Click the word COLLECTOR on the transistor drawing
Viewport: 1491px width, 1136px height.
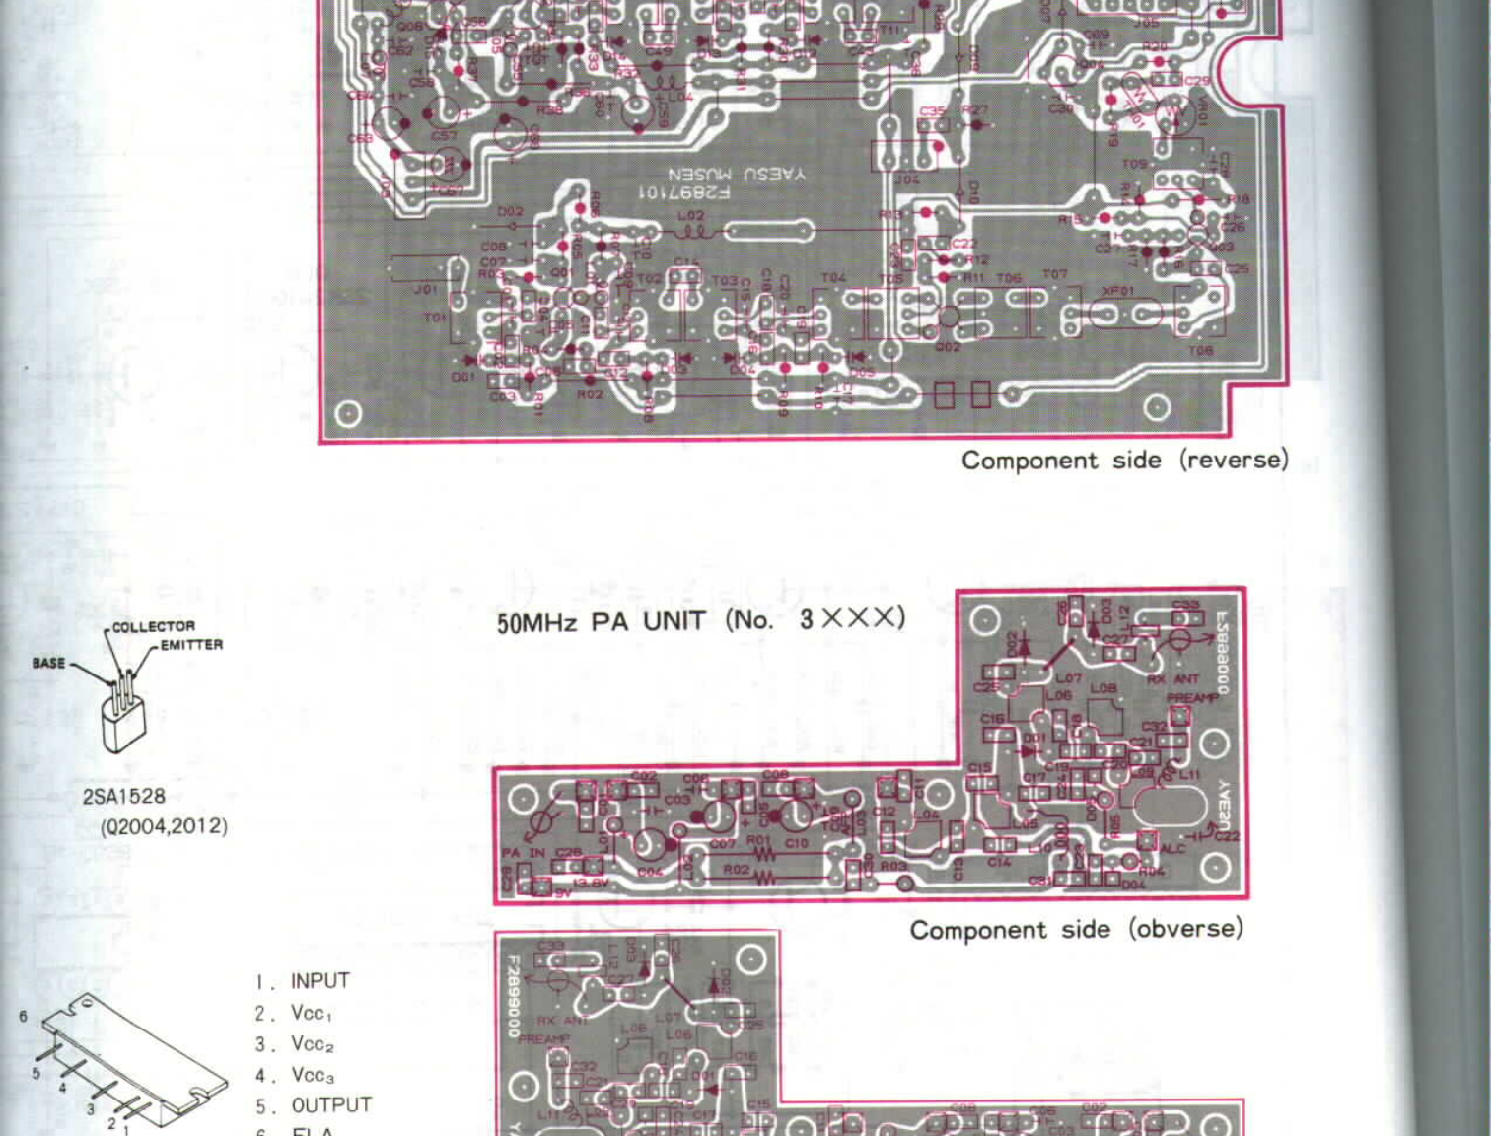click(153, 626)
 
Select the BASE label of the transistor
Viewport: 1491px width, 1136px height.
click(48, 663)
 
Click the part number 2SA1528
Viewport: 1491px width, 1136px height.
click(124, 797)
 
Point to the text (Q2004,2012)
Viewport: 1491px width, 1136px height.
click(164, 826)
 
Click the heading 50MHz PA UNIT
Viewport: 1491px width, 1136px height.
click(601, 622)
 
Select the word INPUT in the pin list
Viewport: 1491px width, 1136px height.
click(319, 981)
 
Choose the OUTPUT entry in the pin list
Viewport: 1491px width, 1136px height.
click(331, 1104)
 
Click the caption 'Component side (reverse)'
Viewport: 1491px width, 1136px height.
click(1124, 461)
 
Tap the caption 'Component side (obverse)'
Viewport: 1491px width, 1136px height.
click(1076, 930)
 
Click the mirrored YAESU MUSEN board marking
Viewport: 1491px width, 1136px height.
click(736, 174)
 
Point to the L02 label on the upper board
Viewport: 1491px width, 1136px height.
click(690, 216)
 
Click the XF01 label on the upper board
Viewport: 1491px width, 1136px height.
click(1117, 291)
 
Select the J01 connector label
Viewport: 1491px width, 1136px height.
click(426, 290)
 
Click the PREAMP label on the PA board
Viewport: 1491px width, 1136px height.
click(1192, 698)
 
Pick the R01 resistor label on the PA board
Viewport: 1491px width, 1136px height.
click(758, 841)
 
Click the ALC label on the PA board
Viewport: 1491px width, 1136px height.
click(1173, 848)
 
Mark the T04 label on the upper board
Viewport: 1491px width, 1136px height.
click(833, 278)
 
